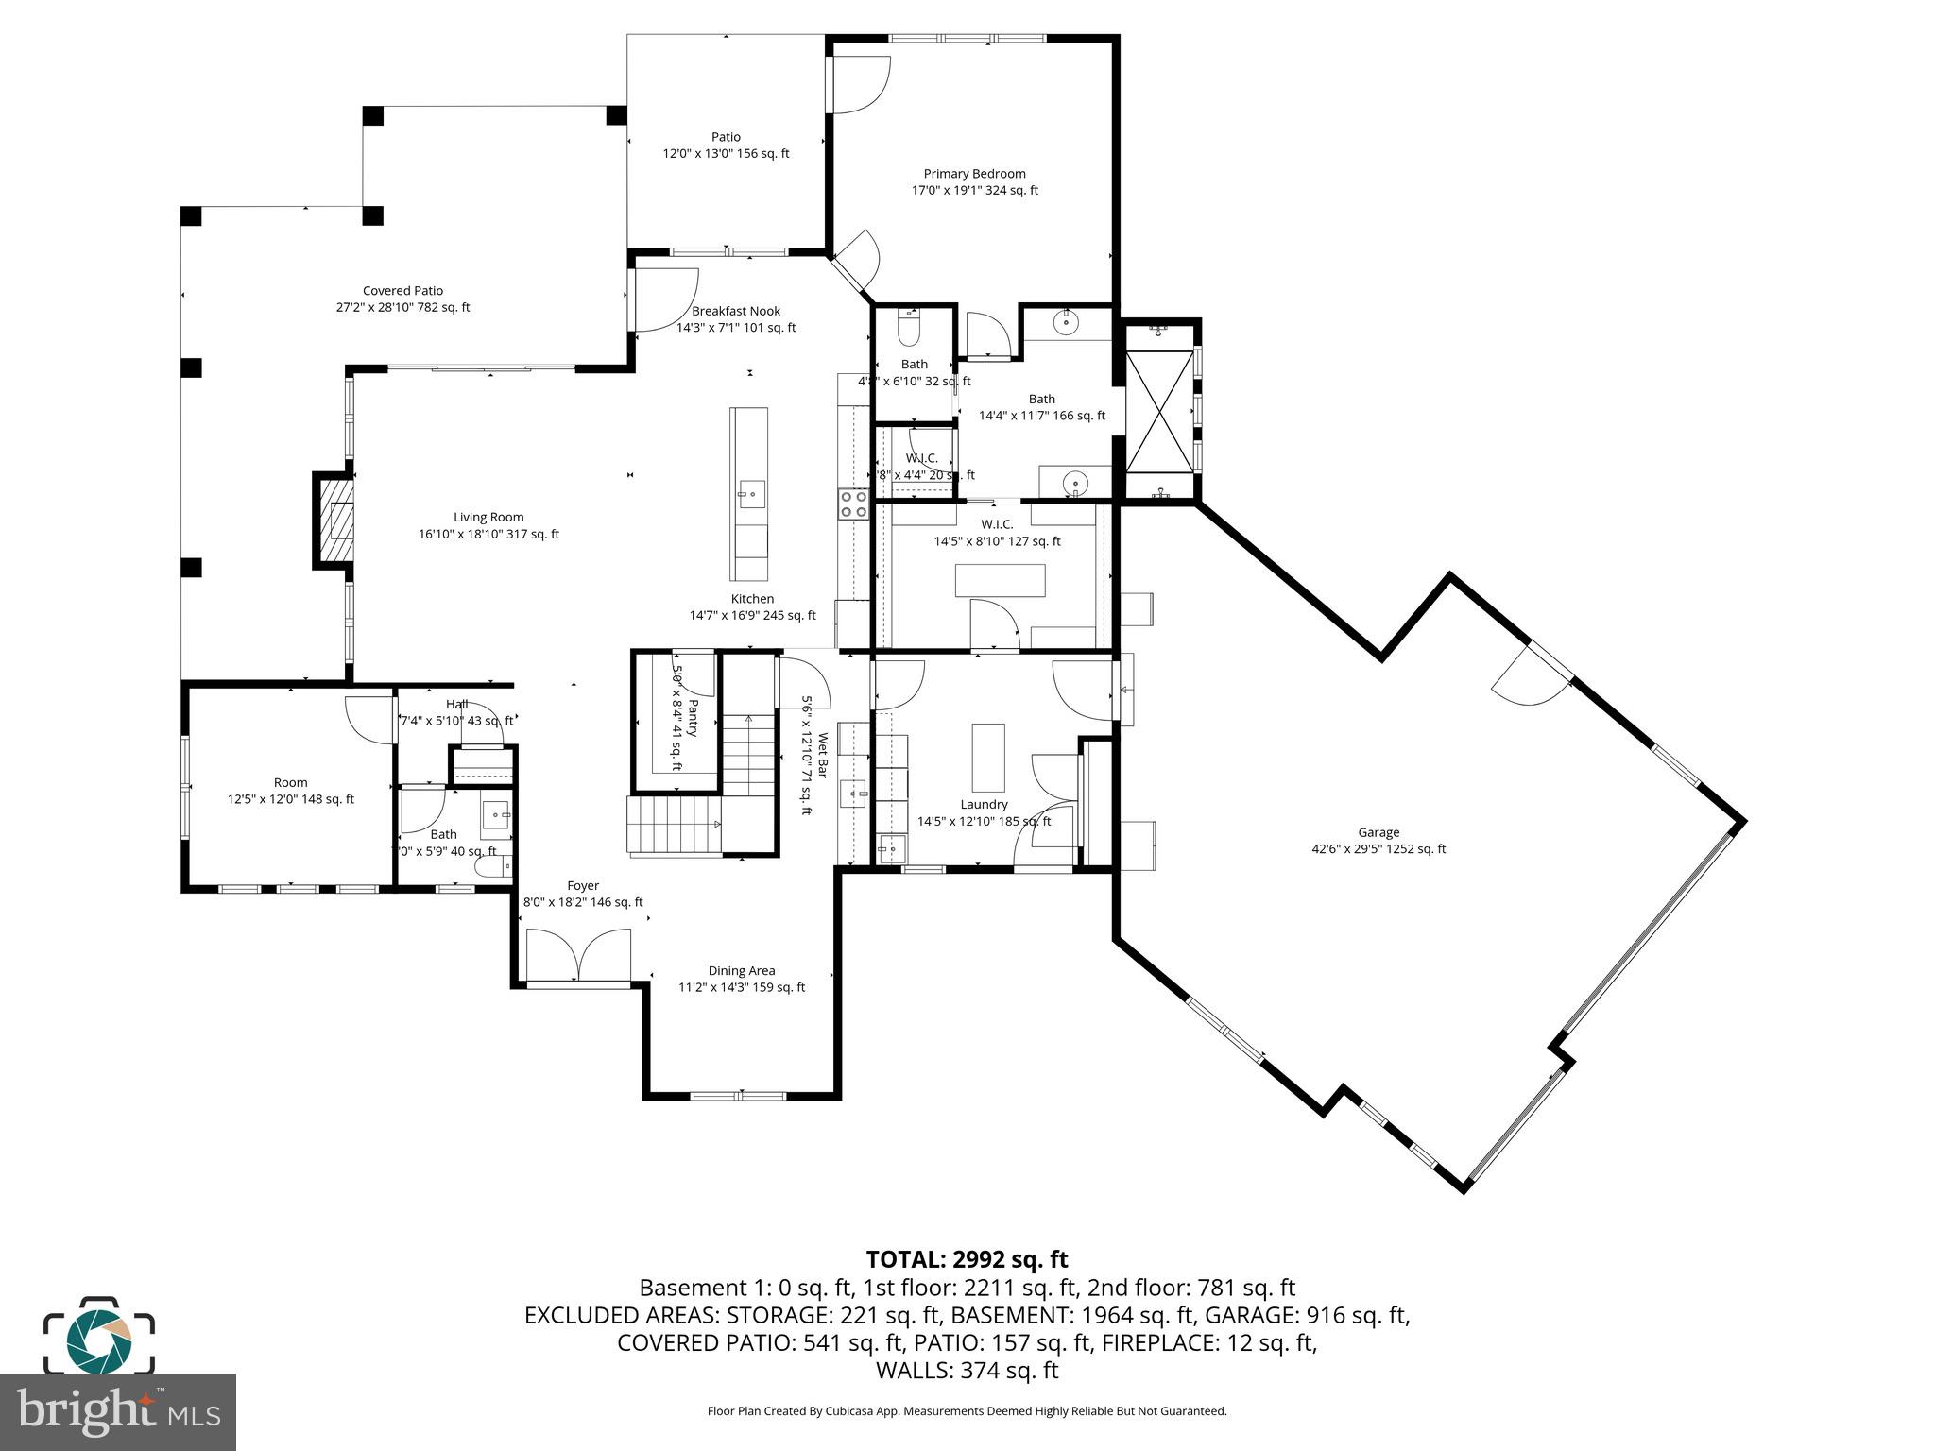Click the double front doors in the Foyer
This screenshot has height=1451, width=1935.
point(578,956)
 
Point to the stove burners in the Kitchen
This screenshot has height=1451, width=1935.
point(853,504)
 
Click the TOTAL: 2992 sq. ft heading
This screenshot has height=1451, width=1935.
point(967,1259)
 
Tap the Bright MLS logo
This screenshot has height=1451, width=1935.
point(118,1411)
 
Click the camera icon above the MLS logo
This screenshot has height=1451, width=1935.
point(98,1337)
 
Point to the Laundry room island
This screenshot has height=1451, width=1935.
point(988,758)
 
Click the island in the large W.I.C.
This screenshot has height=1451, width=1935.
point(1000,580)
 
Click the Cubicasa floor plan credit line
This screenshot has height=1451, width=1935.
point(967,1411)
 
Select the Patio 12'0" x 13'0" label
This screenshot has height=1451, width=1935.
point(726,145)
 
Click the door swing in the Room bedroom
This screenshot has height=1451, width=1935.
point(368,717)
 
